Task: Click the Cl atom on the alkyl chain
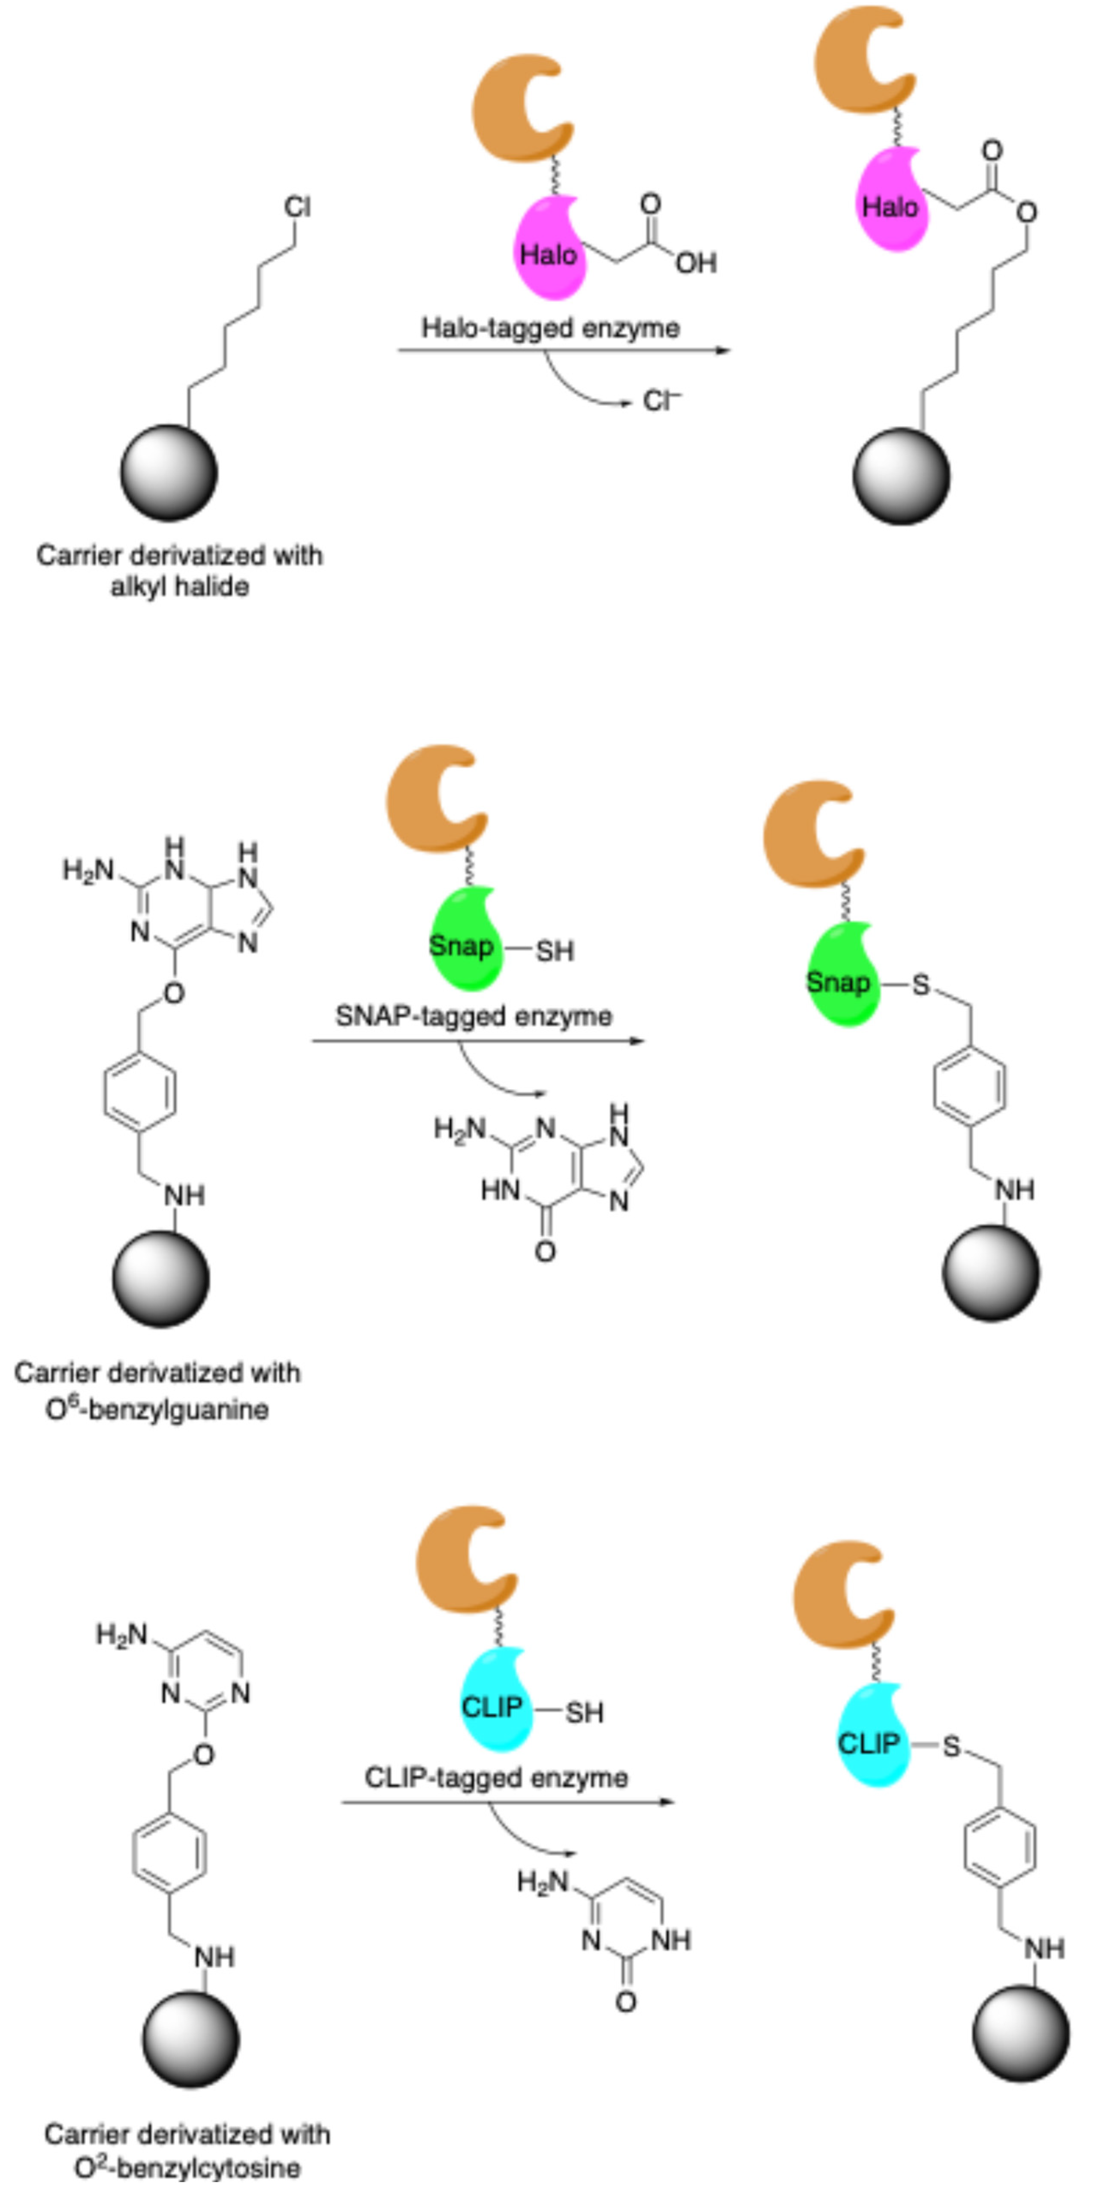pos(297,207)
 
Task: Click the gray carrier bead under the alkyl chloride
pos(169,472)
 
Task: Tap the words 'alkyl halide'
pos(179,587)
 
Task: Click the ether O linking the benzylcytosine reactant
pos(203,1754)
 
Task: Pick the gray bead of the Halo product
pos(901,476)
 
